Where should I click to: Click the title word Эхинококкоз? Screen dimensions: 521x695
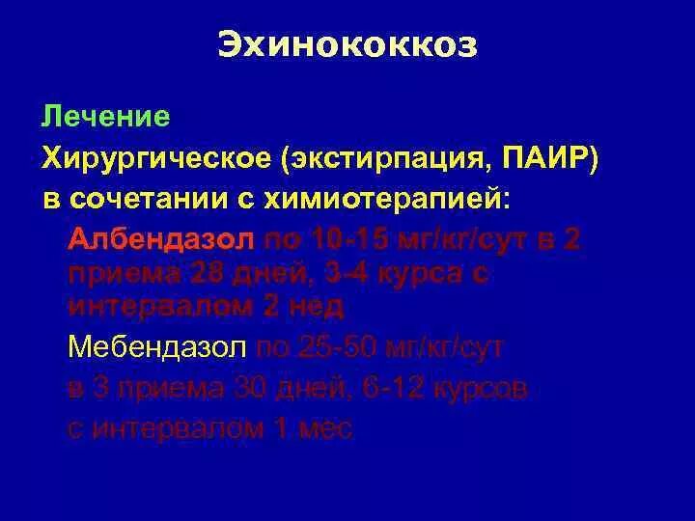tap(347, 46)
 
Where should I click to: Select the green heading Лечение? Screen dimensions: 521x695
tap(105, 118)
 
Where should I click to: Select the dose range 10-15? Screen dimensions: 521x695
tap(350, 240)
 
